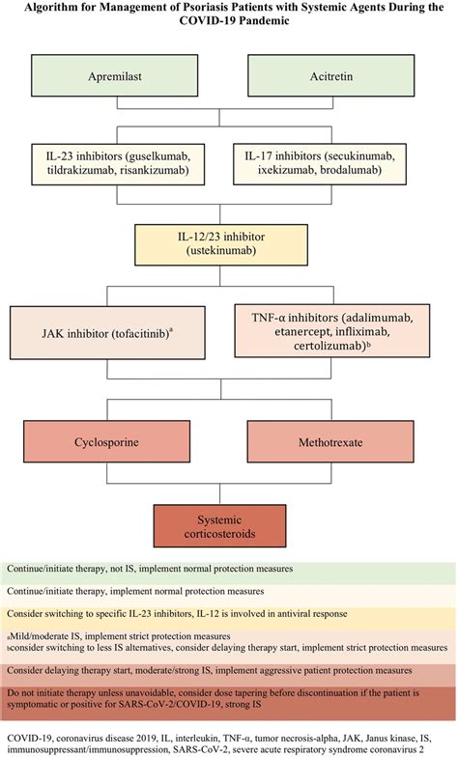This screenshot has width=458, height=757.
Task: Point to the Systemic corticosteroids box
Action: click(229, 525)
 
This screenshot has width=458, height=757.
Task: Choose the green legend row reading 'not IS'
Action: click(229, 571)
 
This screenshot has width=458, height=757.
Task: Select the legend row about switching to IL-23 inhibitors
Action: click(229, 613)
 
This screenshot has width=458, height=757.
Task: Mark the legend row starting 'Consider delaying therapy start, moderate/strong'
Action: click(229, 669)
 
